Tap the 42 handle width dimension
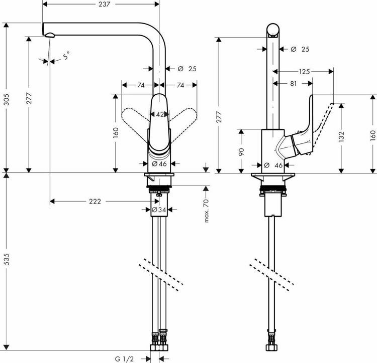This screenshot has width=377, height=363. (159, 114)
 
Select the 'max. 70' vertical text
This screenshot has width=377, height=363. (206, 211)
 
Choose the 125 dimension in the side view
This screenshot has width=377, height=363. (304, 72)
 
